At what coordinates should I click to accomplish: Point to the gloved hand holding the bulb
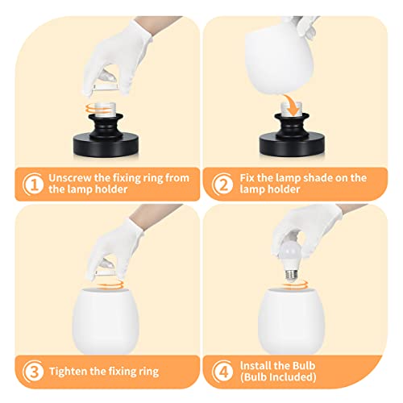pyautogui.click(x=310, y=230)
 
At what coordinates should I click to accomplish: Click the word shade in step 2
pyautogui.click(x=328, y=177)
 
